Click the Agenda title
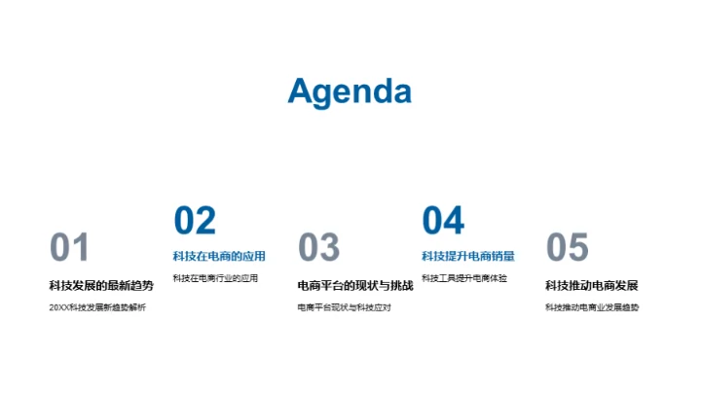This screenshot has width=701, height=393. [350, 90]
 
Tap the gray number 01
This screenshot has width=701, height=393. [70, 248]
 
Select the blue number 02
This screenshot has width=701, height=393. [195, 221]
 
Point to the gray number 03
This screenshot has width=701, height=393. [318, 248]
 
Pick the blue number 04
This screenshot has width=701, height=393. [443, 221]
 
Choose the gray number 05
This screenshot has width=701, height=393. [567, 248]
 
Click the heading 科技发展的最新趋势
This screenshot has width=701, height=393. [101, 285]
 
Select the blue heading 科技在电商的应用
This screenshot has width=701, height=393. [219, 257]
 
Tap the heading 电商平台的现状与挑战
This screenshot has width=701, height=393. [355, 285]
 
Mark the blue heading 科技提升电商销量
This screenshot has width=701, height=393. [468, 257]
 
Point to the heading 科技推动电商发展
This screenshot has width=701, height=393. [592, 285]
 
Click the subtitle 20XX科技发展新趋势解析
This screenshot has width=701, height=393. [97, 307]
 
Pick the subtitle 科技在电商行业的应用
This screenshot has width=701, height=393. [215, 278]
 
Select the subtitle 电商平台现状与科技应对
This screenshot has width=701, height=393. [344, 307]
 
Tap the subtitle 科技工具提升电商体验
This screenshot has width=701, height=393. [464, 278]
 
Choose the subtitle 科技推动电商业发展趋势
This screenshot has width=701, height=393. [592, 307]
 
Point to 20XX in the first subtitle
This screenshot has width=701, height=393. [58, 307]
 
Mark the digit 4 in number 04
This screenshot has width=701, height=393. [455, 221]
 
